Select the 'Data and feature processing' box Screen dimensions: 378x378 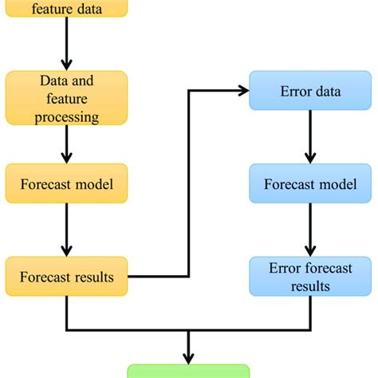(66, 98)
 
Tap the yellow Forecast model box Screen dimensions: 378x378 (66, 184)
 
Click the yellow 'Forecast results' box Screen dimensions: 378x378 (66, 277)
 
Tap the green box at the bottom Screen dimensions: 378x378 (189, 372)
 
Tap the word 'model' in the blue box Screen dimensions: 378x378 (335, 184)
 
